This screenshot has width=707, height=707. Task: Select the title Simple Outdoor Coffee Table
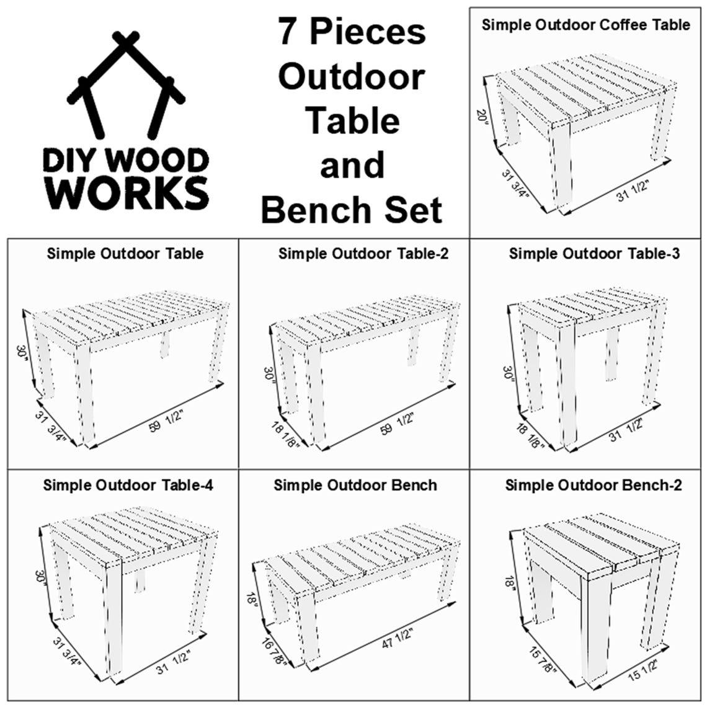coord(585,25)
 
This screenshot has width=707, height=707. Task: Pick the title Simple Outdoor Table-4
coord(128,484)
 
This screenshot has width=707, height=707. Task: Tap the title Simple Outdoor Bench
coord(355,484)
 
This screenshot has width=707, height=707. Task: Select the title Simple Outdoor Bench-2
coord(593,484)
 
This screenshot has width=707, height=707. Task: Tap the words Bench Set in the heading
coord(352,210)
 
